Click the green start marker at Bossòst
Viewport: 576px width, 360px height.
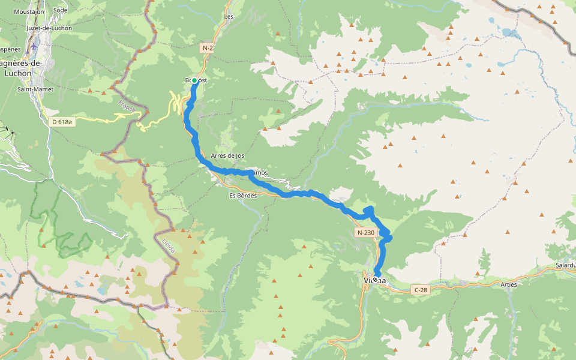click(194, 80)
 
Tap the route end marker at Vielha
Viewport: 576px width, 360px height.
click(375, 280)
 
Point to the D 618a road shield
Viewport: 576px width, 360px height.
click(62, 122)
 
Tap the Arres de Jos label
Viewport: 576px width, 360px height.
click(227, 155)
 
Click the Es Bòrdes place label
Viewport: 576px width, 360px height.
click(243, 196)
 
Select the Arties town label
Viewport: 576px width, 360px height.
click(508, 284)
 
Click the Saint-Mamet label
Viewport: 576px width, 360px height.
click(35, 89)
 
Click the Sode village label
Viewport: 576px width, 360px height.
click(61, 10)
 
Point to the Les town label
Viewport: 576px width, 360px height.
click(229, 17)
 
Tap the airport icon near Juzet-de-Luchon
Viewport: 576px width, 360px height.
click(33, 46)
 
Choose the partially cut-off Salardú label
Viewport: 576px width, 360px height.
click(565, 265)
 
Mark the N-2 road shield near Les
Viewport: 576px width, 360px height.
click(208, 47)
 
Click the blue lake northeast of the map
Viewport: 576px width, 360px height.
click(508, 32)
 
